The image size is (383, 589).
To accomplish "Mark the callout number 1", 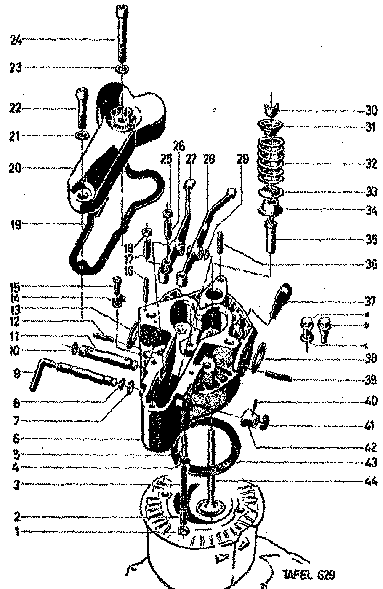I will [x=16, y=532].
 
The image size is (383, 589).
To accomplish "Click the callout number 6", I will [x=17, y=439].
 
